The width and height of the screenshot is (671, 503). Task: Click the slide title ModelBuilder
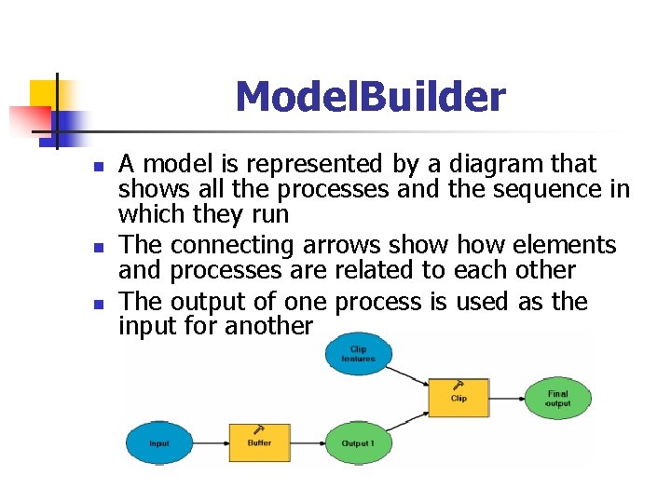(x=370, y=97)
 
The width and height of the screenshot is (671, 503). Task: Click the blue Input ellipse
(x=159, y=442)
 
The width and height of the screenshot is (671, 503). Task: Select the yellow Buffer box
(x=259, y=442)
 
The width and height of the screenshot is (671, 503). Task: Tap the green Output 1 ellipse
(x=359, y=442)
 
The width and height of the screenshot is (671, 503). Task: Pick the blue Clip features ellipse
(x=359, y=354)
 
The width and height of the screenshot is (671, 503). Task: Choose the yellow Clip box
(x=459, y=398)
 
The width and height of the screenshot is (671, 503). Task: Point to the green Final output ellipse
(x=557, y=398)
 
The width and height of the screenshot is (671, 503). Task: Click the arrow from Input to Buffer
(x=211, y=442)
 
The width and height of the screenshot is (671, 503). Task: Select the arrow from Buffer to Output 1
(x=308, y=442)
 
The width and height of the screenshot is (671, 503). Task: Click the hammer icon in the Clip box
(x=459, y=386)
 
